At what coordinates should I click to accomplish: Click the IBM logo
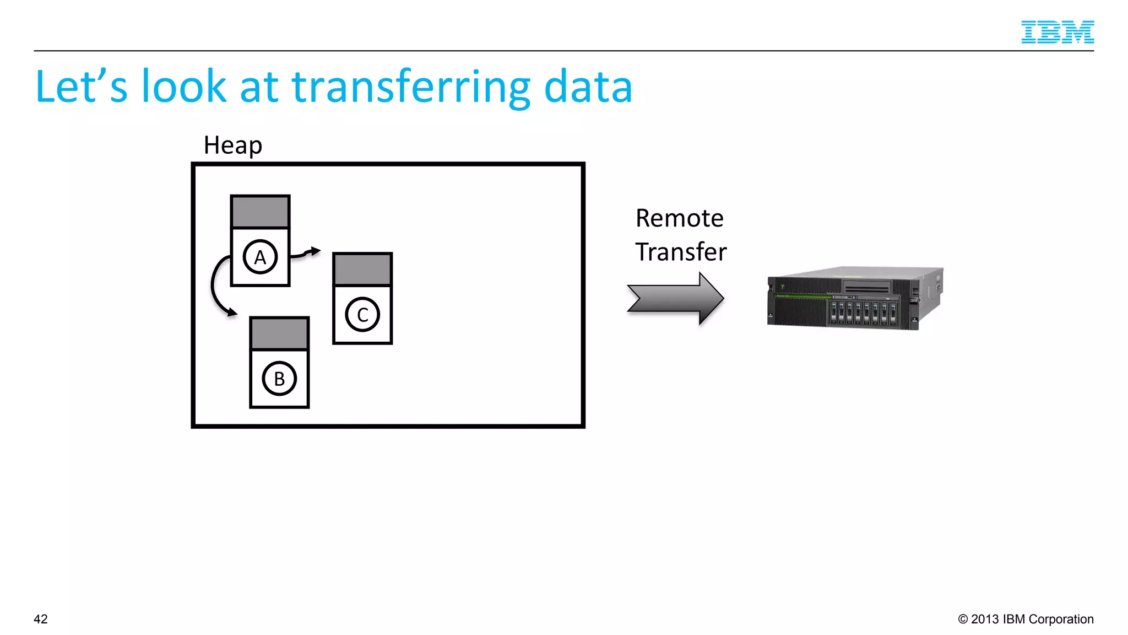tap(1057, 32)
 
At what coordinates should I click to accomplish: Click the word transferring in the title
tap(410, 87)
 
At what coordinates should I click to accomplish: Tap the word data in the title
tap(588, 87)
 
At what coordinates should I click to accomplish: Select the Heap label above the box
tap(232, 146)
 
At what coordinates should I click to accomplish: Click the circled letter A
tap(260, 257)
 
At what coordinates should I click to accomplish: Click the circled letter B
tap(279, 379)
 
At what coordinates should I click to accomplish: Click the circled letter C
tap(362, 315)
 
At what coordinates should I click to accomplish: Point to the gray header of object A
tap(260, 212)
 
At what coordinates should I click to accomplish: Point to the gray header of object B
tap(279, 333)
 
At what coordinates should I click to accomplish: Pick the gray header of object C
tap(362, 270)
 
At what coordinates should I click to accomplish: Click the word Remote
tap(679, 218)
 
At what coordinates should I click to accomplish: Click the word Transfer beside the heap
tap(681, 252)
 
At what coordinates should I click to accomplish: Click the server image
tap(855, 298)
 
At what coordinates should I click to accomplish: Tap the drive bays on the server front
tap(863, 312)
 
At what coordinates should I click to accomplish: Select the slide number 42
tap(41, 619)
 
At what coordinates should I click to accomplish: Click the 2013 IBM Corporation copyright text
tap(1026, 619)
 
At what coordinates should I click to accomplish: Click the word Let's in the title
tap(82, 87)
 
